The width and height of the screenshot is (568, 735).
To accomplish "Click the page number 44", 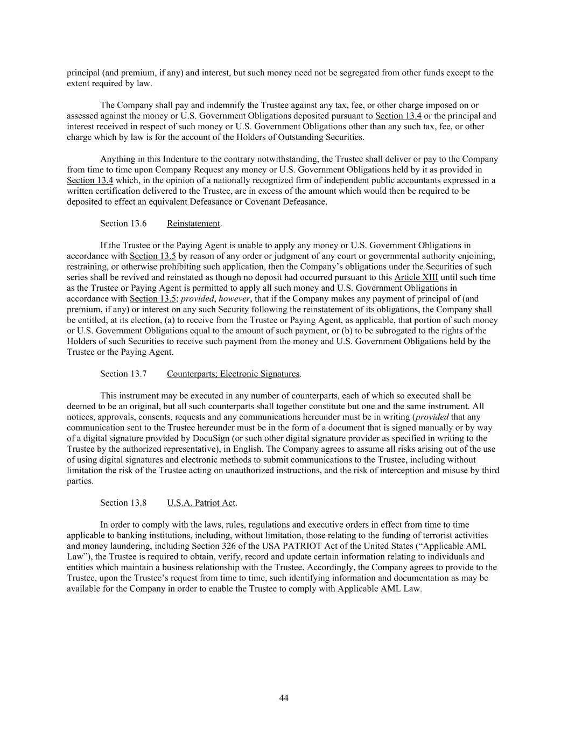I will [284, 698].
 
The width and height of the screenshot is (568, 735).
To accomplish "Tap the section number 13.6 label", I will [123, 223].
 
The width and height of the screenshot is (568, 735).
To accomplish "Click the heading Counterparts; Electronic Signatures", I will [233, 374].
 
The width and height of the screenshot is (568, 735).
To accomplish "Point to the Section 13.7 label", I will [123, 374].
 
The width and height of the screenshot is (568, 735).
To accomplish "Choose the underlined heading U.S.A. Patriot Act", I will [201, 503].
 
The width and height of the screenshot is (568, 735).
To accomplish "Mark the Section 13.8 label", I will [123, 503].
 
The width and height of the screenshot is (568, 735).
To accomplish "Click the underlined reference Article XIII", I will [416, 277].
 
